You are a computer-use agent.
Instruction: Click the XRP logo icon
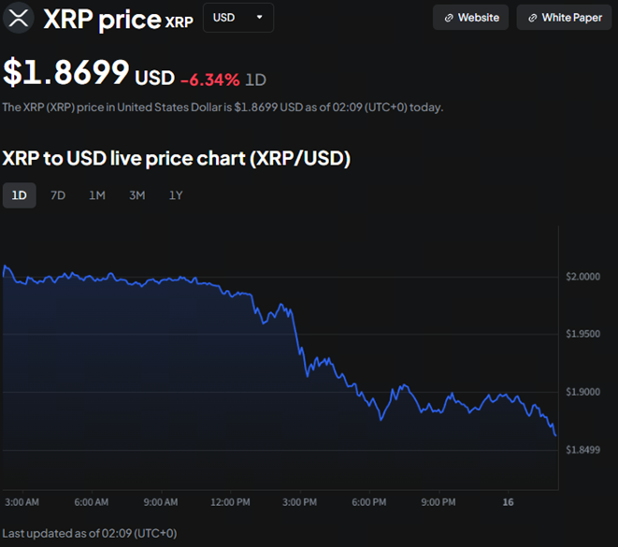[16, 18]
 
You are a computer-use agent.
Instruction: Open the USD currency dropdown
[237, 18]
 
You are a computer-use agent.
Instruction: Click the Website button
[471, 18]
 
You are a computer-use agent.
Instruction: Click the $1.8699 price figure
[66, 74]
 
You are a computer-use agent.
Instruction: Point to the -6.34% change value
[209, 79]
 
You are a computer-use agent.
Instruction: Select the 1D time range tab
[19, 195]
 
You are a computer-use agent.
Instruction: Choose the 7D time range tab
[58, 195]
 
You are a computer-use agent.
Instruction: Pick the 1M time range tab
[97, 195]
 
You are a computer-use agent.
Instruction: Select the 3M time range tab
[137, 195]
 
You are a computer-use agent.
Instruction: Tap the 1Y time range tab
[176, 195]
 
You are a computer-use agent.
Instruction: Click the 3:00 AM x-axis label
[22, 502]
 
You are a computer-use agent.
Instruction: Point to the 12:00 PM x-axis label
[230, 502]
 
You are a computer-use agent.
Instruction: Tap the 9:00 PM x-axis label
[438, 502]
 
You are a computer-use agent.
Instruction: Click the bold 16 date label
[508, 502]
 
